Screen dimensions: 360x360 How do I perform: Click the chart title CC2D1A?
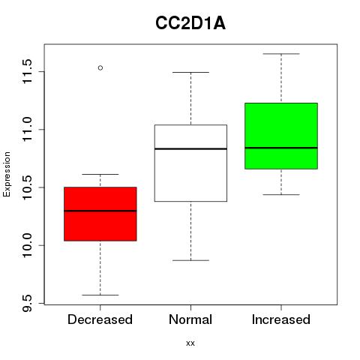[x=190, y=23]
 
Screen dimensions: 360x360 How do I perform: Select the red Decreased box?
[x=100, y=214]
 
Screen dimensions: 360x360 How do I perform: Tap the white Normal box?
[x=190, y=163]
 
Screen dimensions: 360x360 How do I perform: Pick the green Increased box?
[x=281, y=136]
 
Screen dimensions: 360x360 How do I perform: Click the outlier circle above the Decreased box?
[x=100, y=67]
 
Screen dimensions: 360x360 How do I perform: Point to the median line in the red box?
[x=100, y=211]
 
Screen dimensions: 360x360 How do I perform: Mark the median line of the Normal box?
[x=190, y=148]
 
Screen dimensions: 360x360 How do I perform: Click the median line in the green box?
[x=281, y=148]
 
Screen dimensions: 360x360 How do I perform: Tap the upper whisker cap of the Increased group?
[x=281, y=54]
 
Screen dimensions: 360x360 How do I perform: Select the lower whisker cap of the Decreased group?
[x=100, y=295]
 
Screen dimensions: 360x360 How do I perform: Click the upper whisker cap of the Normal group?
[x=190, y=72]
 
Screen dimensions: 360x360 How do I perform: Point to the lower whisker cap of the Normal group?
[x=190, y=260]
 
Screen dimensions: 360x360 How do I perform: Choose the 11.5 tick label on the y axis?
[x=27, y=71]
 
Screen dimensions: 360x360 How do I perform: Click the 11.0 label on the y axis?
[x=27, y=130]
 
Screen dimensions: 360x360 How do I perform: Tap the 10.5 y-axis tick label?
[x=27, y=187]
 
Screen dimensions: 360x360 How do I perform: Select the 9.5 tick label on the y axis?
[x=27, y=303]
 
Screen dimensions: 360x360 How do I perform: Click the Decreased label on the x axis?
[x=100, y=319]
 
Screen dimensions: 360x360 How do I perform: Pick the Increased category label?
[x=281, y=319]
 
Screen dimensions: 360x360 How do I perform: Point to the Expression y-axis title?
[x=7, y=174]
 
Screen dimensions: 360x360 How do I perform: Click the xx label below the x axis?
[x=190, y=343]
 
